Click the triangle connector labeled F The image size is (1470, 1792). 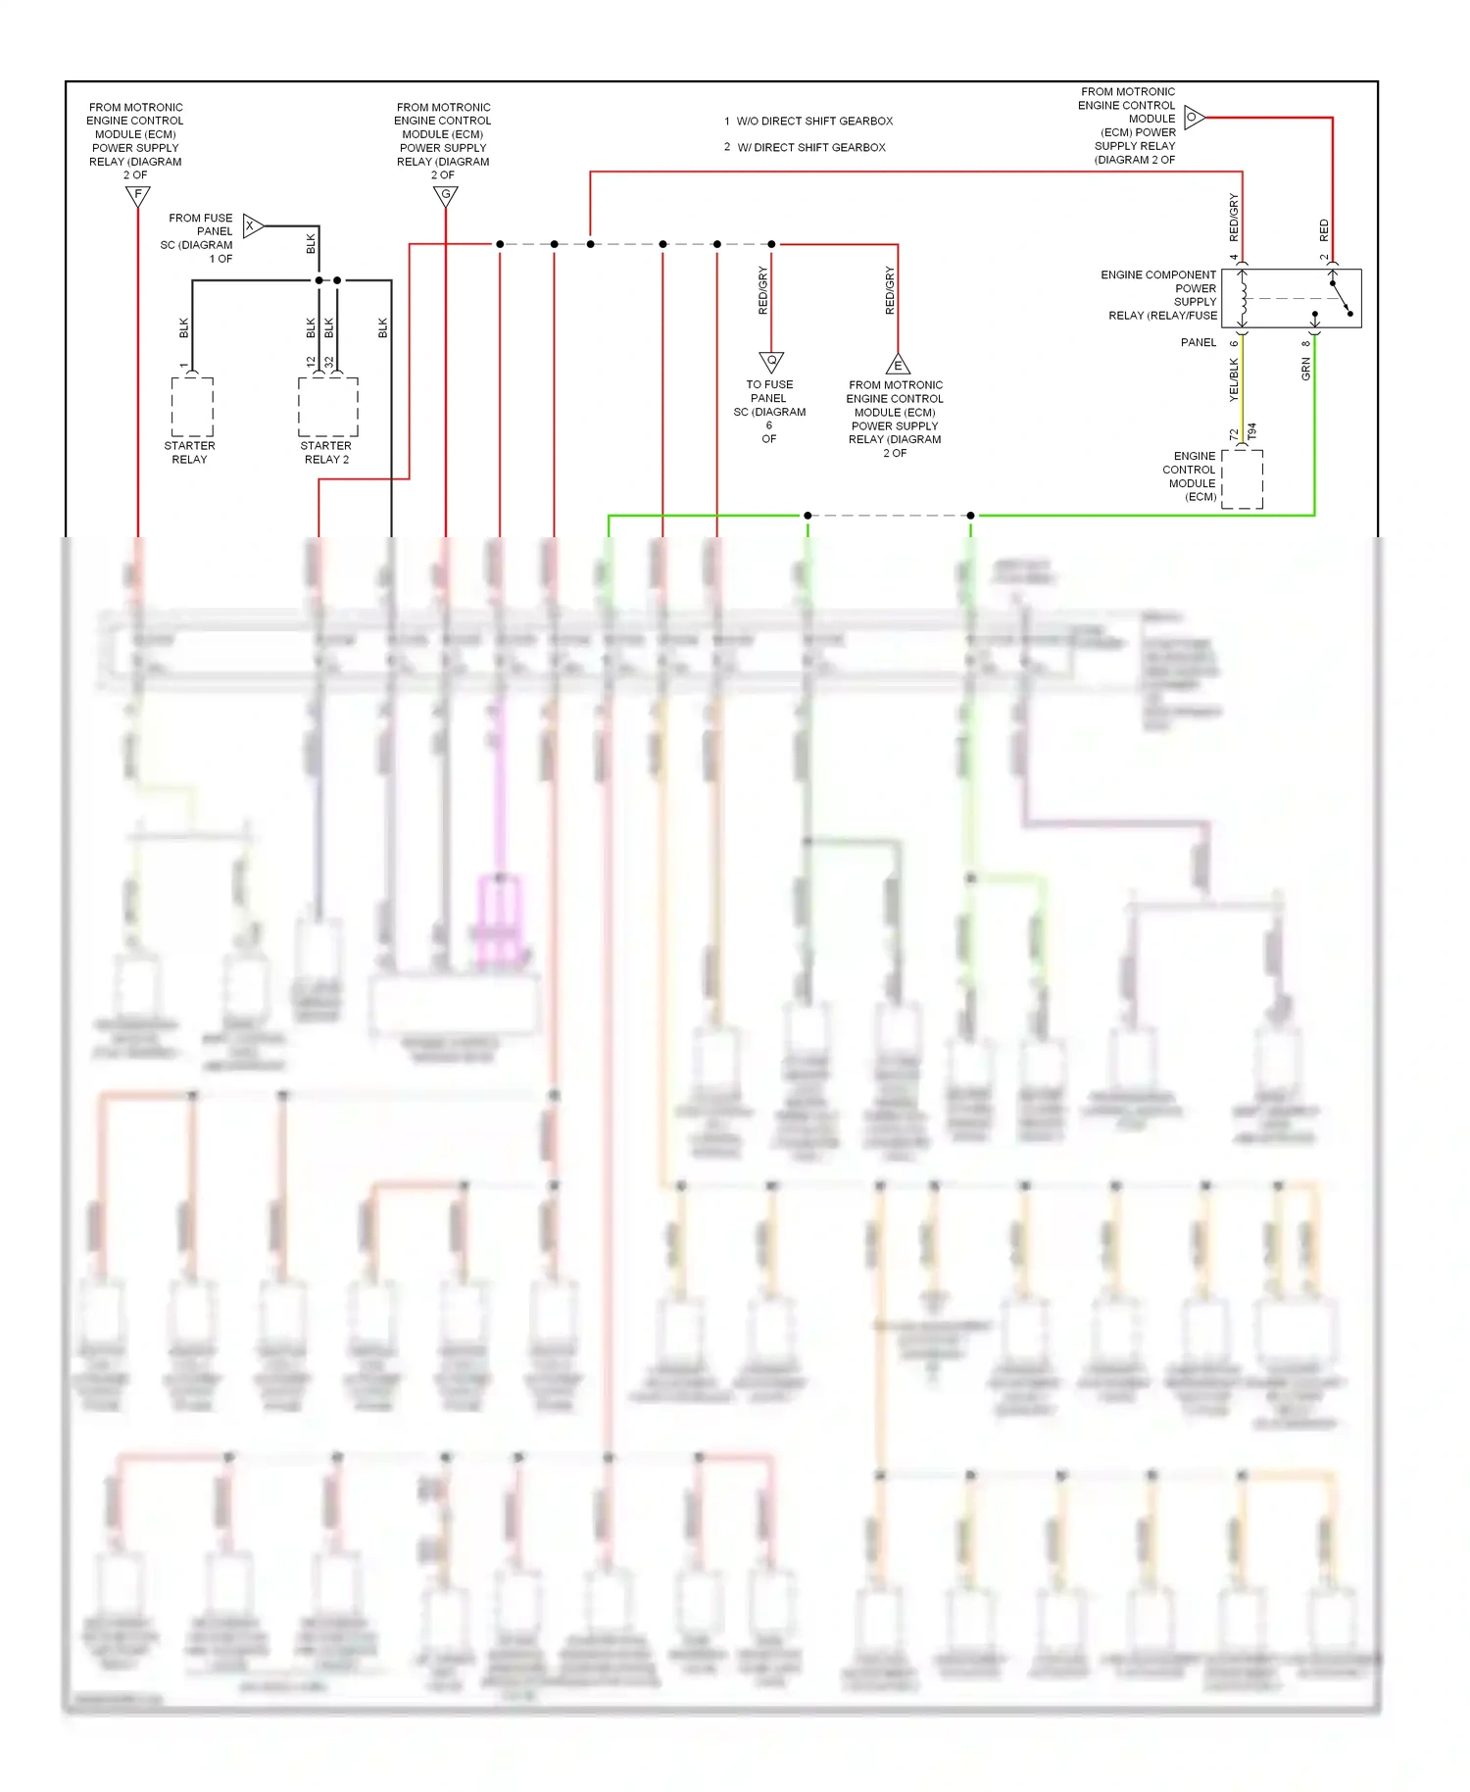click(138, 195)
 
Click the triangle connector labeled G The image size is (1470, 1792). click(446, 195)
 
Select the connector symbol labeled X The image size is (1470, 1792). click(252, 226)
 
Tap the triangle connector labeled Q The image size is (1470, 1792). click(771, 361)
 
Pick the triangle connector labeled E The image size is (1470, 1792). click(898, 366)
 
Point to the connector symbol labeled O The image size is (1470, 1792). click(1193, 118)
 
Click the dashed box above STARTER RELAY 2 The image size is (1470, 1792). click(328, 407)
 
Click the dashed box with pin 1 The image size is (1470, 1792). click(192, 407)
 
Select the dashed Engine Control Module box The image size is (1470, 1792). click(1243, 479)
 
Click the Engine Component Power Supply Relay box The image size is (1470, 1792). click(1291, 298)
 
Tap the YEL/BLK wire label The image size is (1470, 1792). click(1234, 378)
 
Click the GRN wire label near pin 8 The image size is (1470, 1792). click(1305, 369)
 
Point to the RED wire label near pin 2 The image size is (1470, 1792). click(1324, 230)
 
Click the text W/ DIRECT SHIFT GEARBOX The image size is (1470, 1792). click(810, 147)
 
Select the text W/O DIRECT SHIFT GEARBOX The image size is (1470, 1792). click(814, 122)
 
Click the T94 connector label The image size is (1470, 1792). click(1252, 431)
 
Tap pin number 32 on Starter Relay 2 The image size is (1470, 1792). click(330, 362)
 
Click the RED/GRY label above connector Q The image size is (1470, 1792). click(762, 290)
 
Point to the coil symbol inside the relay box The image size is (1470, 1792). click(1243, 298)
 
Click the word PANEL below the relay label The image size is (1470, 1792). click(1198, 342)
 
